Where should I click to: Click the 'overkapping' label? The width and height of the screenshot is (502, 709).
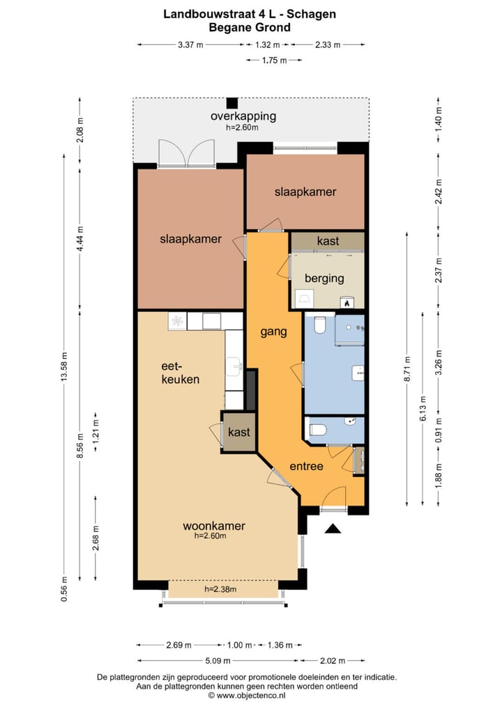(243, 116)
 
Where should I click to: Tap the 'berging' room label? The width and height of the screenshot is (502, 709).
(324, 279)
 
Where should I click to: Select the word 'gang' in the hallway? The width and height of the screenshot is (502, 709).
(273, 332)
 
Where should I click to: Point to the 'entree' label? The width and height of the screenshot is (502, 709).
(307, 466)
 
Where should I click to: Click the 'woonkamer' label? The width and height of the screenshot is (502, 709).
(214, 526)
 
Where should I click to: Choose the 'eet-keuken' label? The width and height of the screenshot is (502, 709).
(181, 373)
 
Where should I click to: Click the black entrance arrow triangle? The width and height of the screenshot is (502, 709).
(333, 528)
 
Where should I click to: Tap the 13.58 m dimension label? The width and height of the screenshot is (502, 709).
(64, 366)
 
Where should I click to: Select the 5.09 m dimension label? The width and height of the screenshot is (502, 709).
(218, 661)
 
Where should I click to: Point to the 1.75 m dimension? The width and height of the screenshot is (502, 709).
(274, 60)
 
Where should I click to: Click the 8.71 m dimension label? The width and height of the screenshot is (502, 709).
(407, 369)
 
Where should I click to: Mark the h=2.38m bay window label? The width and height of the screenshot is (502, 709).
(220, 589)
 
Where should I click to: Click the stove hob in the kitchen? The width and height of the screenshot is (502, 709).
(177, 321)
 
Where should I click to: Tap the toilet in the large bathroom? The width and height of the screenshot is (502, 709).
(319, 325)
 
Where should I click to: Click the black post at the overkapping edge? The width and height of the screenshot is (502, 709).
(232, 103)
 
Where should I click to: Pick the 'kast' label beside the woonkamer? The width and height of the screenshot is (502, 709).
(239, 433)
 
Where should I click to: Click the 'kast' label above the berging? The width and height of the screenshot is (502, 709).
(328, 241)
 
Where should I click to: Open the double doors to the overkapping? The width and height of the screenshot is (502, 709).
(186, 154)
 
